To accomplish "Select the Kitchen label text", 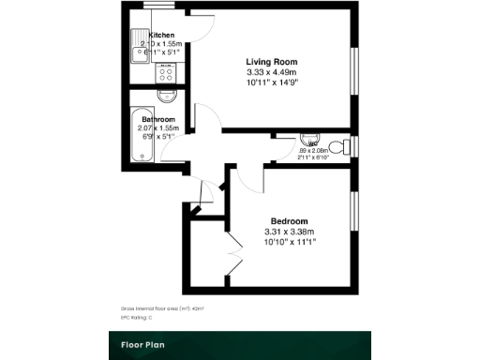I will [161, 35].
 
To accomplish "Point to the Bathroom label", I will [158, 120].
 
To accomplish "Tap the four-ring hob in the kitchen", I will [168, 73].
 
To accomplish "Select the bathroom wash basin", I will [168, 97].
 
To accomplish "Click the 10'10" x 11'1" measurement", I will [291, 242].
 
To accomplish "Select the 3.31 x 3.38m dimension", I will [291, 232].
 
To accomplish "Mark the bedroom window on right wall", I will [353, 215].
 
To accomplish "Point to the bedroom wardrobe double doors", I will [234, 251].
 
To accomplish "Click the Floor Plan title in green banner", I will [143, 344].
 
